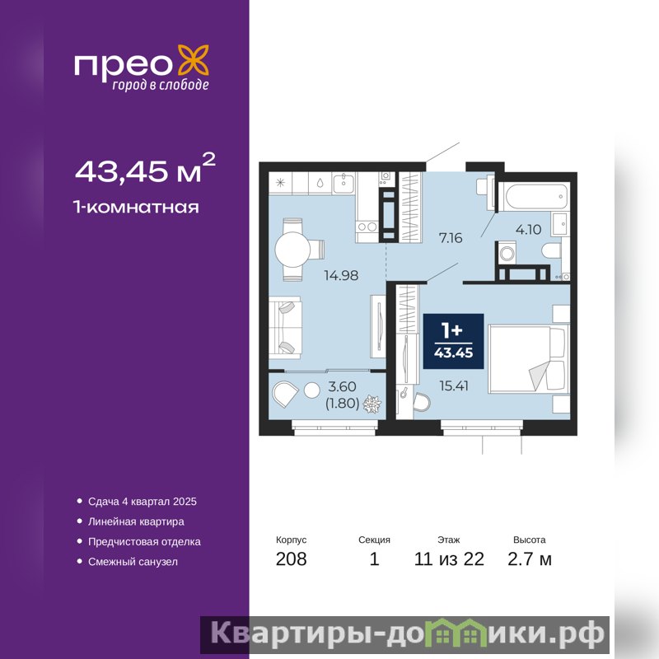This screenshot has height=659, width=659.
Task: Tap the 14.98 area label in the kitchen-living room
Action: pyautogui.click(x=341, y=275)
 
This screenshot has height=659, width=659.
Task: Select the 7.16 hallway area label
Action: pyautogui.click(x=451, y=238)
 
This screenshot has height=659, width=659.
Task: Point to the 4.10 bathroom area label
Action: pyautogui.click(x=528, y=230)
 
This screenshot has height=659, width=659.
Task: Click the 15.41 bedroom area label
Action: pyautogui.click(x=454, y=386)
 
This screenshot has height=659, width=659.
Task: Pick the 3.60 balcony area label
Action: pyautogui.click(x=342, y=386)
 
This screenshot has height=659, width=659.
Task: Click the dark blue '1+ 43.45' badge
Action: pyautogui.click(x=454, y=341)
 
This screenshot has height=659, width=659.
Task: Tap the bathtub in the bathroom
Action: pyautogui.click(x=534, y=196)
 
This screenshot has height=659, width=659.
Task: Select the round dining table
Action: pyautogui.click(x=292, y=250)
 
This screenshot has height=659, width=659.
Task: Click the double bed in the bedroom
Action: pyautogui.click(x=528, y=359)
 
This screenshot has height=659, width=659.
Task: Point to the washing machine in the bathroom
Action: pyautogui.click(x=507, y=253)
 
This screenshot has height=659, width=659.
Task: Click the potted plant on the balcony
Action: pyautogui.click(x=372, y=404)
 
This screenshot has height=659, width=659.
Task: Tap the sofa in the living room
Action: pyautogui.click(x=285, y=328)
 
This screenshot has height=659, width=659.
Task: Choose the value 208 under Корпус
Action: pyautogui.click(x=292, y=559)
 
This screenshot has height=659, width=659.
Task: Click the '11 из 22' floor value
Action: pyautogui.click(x=449, y=559)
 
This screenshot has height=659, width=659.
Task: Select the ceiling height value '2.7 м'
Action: pyautogui.click(x=529, y=559)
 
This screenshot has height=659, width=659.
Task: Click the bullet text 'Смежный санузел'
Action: pyautogui.click(x=133, y=562)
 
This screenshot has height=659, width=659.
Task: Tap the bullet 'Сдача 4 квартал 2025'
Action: pyautogui.click(x=142, y=502)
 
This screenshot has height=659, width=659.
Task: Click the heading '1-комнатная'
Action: pyautogui.click(x=136, y=208)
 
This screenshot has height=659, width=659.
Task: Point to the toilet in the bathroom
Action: pyautogui.click(x=551, y=251)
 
